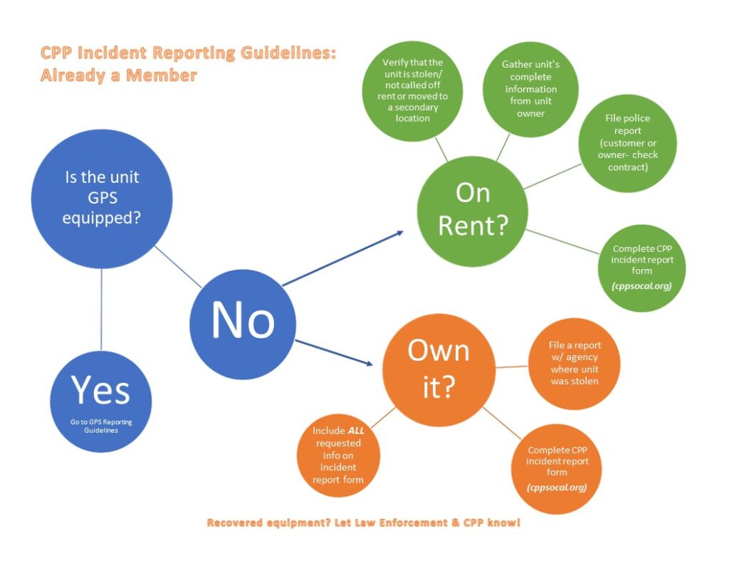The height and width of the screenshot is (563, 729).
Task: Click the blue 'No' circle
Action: click(x=243, y=324)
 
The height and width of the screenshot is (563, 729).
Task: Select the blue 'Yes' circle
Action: click(x=101, y=402)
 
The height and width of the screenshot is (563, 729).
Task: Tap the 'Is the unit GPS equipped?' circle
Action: click(x=101, y=199)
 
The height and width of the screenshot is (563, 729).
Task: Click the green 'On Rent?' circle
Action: click(x=473, y=209)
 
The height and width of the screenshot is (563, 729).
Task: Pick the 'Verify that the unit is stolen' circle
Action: click(x=412, y=90)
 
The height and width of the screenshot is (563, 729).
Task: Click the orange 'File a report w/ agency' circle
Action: click(x=574, y=364)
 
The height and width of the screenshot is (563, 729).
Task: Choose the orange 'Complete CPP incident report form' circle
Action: click(x=557, y=468)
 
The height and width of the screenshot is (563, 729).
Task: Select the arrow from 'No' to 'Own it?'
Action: click(x=335, y=353)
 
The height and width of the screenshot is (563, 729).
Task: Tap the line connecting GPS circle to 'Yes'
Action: click(x=101, y=310)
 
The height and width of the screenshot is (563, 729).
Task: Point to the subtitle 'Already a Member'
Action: click(x=118, y=75)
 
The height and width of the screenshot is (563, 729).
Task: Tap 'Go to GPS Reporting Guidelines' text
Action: click(x=101, y=426)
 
